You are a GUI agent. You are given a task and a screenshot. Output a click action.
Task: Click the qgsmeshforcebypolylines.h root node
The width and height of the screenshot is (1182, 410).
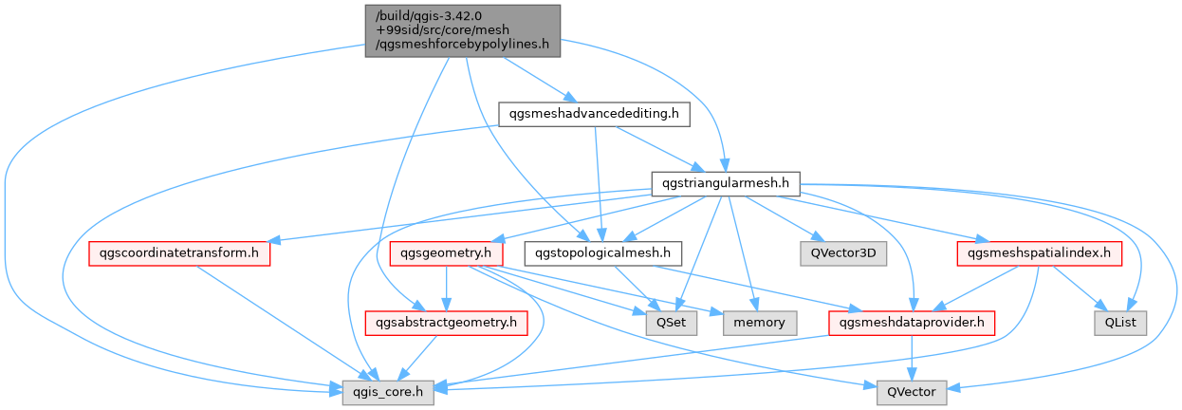(x=462, y=30)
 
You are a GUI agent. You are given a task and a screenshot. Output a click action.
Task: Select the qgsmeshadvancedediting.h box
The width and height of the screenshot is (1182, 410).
(x=595, y=115)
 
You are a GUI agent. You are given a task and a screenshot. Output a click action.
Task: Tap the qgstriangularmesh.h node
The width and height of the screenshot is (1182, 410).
(x=726, y=183)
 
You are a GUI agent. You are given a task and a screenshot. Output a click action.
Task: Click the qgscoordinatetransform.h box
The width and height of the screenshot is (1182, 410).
(x=179, y=253)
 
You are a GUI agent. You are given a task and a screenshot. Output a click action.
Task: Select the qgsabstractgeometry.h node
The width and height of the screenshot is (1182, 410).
(x=447, y=323)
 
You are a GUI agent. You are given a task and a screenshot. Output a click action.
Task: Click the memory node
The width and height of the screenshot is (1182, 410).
(x=759, y=323)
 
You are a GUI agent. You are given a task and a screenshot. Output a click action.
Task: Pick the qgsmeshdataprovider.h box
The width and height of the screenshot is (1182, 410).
(x=912, y=323)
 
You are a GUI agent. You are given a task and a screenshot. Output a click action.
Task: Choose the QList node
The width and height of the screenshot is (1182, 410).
(x=1120, y=323)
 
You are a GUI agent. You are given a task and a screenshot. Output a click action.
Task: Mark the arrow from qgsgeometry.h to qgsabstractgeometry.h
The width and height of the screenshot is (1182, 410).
(x=446, y=289)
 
